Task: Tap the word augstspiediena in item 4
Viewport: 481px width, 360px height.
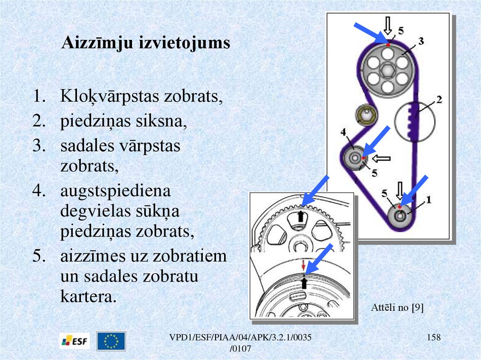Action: [115, 192]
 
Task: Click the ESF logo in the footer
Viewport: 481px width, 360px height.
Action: [75, 341]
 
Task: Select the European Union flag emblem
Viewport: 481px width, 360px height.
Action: [111, 341]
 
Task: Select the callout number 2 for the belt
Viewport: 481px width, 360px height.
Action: [439, 100]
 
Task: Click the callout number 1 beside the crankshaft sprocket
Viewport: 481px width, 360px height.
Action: [428, 199]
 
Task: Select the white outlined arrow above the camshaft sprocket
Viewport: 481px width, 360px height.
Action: [388, 24]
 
